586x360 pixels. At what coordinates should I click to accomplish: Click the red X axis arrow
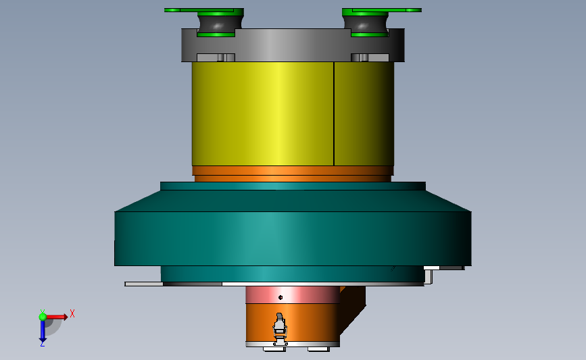pos(56,317)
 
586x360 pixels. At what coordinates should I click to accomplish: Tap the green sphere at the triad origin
pos(43,317)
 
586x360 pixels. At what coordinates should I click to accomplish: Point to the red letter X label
pos(72,313)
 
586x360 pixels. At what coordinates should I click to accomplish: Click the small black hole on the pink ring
pos(280,297)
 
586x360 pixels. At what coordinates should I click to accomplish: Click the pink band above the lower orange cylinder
pos(293,294)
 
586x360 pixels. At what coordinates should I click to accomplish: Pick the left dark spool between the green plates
pos(220,25)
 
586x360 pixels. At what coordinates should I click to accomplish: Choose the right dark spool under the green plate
pos(365,25)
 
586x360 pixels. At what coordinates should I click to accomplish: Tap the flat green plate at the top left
pos(203,10)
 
